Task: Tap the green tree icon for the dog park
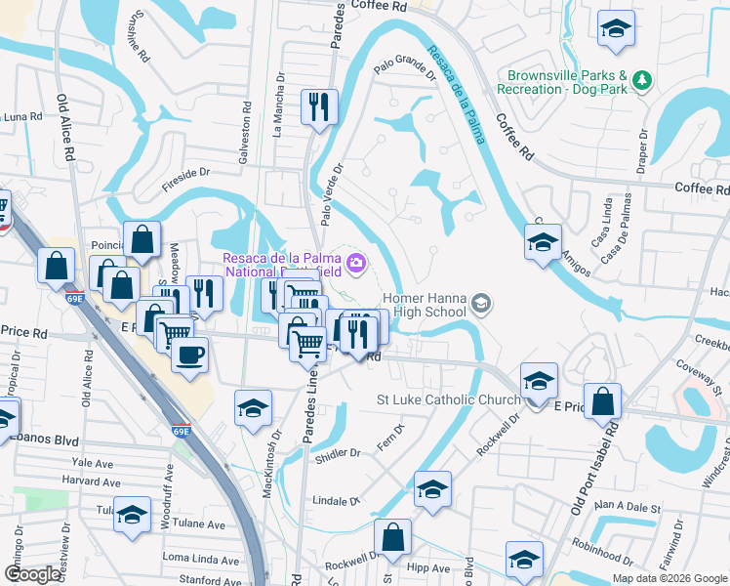point(641,80)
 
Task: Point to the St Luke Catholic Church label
point(448,399)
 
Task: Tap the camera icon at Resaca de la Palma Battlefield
point(357,261)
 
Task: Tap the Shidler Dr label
point(341,452)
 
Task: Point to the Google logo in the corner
point(32,574)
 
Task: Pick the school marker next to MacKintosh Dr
point(253,407)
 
